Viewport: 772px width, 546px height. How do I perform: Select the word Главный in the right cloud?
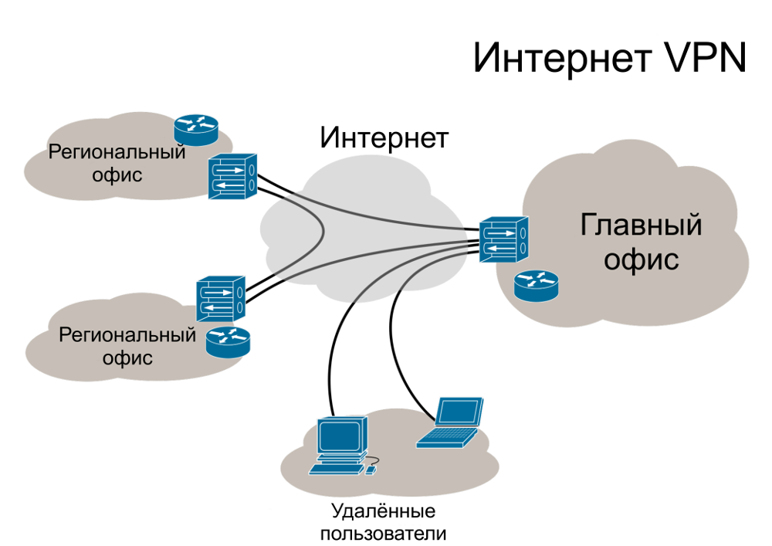[x=641, y=226]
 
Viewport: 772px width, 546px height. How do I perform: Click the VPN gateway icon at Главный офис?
[x=503, y=239]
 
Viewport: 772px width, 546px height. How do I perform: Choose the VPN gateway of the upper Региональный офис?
[x=232, y=177]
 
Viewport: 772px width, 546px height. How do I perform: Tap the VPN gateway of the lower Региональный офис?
[x=221, y=299]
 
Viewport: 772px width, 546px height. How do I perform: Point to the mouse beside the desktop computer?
[x=371, y=469]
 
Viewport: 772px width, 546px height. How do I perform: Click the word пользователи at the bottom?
[x=383, y=533]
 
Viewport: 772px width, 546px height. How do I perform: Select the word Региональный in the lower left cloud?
[x=127, y=337]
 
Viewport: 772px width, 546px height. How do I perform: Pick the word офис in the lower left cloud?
[x=127, y=358]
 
